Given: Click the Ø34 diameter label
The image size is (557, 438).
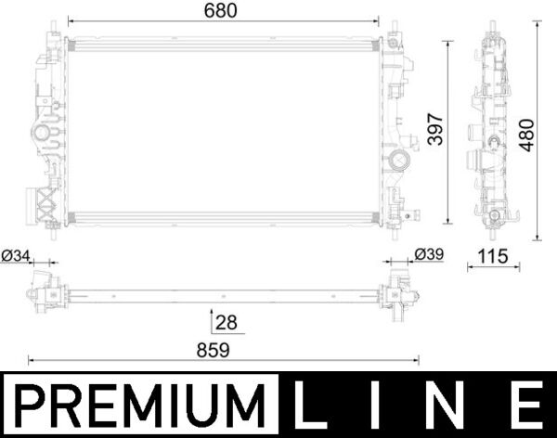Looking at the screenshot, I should (x=17, y=255).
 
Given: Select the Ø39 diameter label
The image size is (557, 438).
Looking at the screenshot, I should (x=428, y=255).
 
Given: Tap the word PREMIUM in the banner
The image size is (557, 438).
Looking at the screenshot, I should (x=139, y=406).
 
